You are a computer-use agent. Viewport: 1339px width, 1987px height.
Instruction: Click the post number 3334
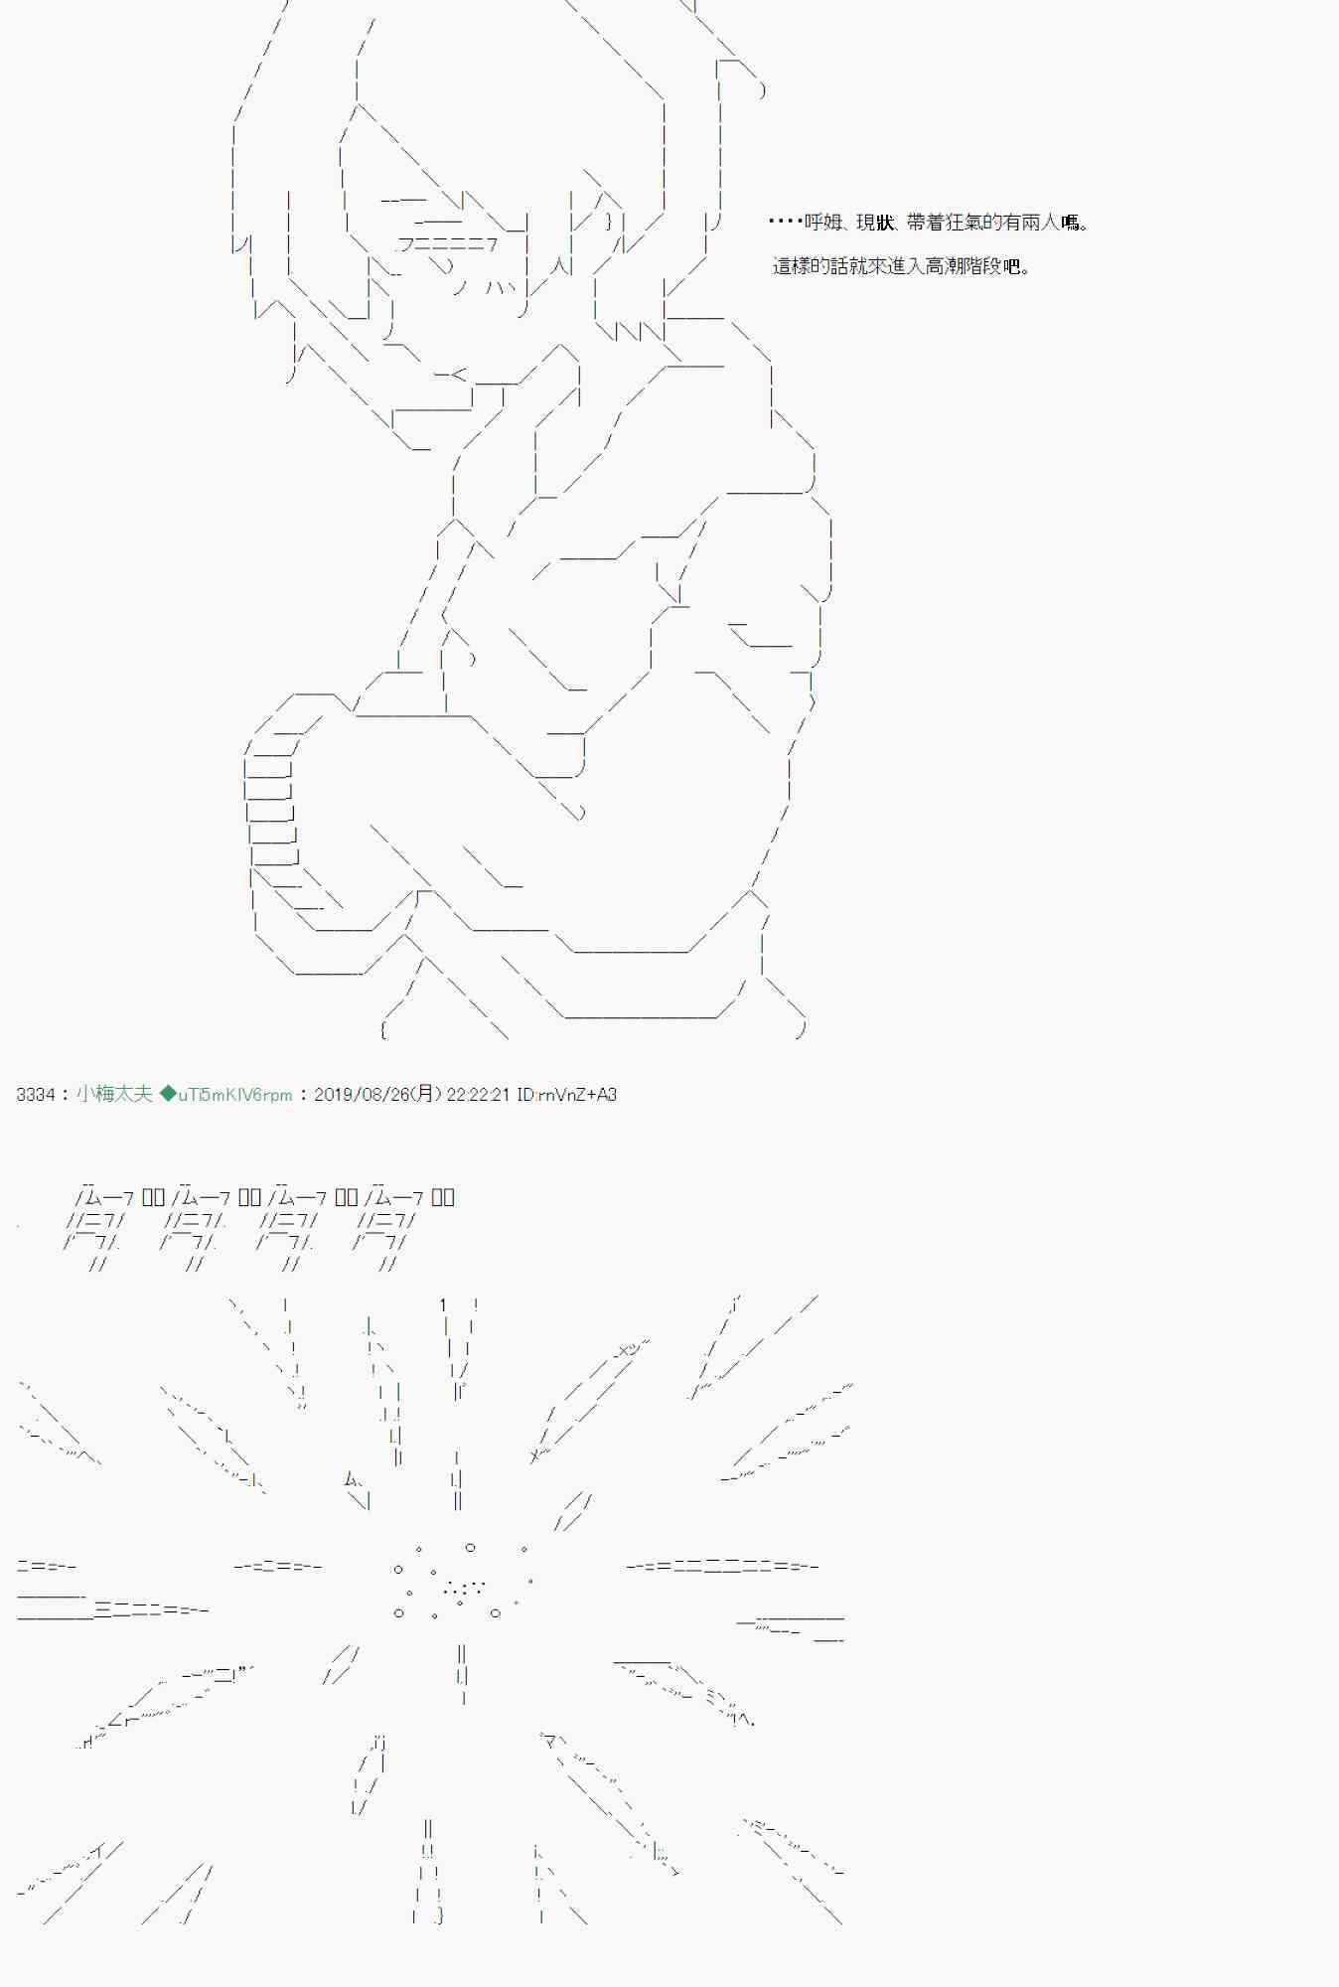[x=36, y=1095]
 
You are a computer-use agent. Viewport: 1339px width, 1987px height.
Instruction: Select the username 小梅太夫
[x=114, y=1094]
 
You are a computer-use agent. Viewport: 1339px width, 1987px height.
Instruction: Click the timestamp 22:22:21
[x=478, y=1095]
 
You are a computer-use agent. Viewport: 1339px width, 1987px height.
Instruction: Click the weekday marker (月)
[x=426, y=1095]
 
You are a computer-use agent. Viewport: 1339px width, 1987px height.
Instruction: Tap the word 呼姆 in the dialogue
[x=822, y=223]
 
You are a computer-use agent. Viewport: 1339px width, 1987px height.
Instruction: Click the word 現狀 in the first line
[x=875, y=223]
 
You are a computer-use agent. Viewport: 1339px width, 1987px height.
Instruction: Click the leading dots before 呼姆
[x=785, y=223]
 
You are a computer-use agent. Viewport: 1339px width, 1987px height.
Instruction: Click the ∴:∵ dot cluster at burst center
[x=464, y=1588]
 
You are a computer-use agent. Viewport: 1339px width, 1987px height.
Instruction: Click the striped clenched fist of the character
[x=271, y=805]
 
